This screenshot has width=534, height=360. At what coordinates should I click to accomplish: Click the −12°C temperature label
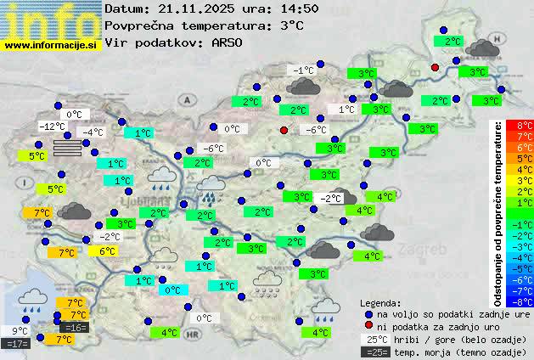point(53,127)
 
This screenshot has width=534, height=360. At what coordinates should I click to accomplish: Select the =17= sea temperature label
point(17,344)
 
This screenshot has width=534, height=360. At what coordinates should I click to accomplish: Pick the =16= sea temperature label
point(75,327)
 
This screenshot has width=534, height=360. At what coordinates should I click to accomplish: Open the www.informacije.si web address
point(51,44)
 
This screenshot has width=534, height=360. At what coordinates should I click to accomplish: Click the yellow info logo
point(51,19)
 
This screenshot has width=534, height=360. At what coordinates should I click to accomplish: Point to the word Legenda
point(379,302)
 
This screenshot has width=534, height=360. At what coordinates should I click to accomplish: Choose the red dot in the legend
point(368,326)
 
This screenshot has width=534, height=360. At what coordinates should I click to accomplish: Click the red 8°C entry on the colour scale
point(525,126)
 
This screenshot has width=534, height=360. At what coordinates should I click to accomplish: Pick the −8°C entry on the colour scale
point(525,301)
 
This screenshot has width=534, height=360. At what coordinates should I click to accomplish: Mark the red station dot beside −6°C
point(284,130)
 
